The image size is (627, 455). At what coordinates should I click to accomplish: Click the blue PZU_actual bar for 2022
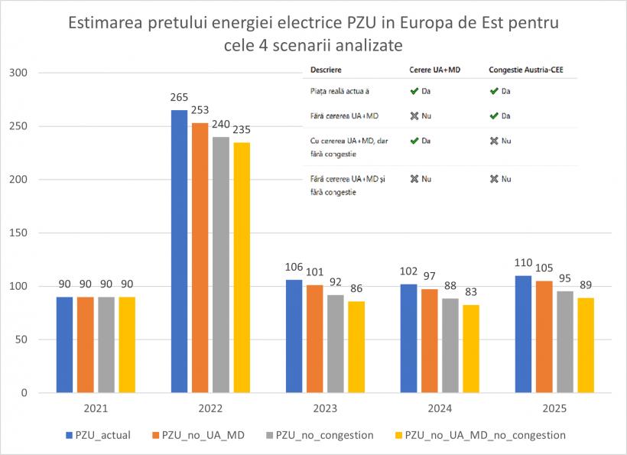click(179, 252)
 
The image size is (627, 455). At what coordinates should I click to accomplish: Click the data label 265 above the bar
click(179, 99)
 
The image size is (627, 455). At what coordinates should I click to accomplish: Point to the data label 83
click(471, 293)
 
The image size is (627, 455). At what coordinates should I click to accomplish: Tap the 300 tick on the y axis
click(17, 73)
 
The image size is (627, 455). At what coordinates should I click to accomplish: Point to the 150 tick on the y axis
click(17, 233)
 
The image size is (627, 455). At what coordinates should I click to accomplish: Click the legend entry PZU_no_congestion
click(324, 435)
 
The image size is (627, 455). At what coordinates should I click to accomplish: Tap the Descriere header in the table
click(326, 70)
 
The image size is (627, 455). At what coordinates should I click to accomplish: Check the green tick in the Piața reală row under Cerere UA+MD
click(414, 91)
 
